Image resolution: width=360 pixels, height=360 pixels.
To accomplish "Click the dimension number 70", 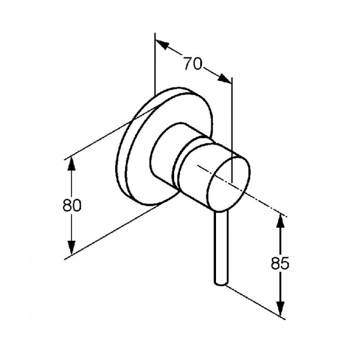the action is (x=193, y=63).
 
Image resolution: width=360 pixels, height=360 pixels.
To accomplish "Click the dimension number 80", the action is (x=72, y=205).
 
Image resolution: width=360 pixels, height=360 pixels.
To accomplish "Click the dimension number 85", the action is (x=280, y=263).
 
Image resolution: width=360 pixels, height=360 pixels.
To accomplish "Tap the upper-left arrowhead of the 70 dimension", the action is (x=162, y=45).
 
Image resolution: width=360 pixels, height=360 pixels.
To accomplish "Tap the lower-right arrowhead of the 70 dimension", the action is (x=224, y=78).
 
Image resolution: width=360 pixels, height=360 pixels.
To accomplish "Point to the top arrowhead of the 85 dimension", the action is (x=280, y=221).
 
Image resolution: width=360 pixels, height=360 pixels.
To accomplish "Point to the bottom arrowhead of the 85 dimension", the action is (x=280, y=308).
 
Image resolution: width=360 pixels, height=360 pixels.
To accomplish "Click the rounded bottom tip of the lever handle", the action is (x=221, y=284).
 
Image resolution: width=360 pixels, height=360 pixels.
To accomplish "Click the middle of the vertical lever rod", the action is (x=221, y=247).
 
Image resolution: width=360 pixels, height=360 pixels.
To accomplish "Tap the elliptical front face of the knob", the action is (x=228, y=184).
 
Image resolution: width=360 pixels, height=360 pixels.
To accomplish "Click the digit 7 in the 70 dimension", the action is (x=188, y=63).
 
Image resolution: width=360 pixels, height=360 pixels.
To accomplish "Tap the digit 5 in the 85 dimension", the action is (x=285, y=263).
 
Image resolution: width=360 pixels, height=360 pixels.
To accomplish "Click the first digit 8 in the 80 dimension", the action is (x=67, y=205).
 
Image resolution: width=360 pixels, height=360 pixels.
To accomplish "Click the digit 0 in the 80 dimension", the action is (x=77, y=205).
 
